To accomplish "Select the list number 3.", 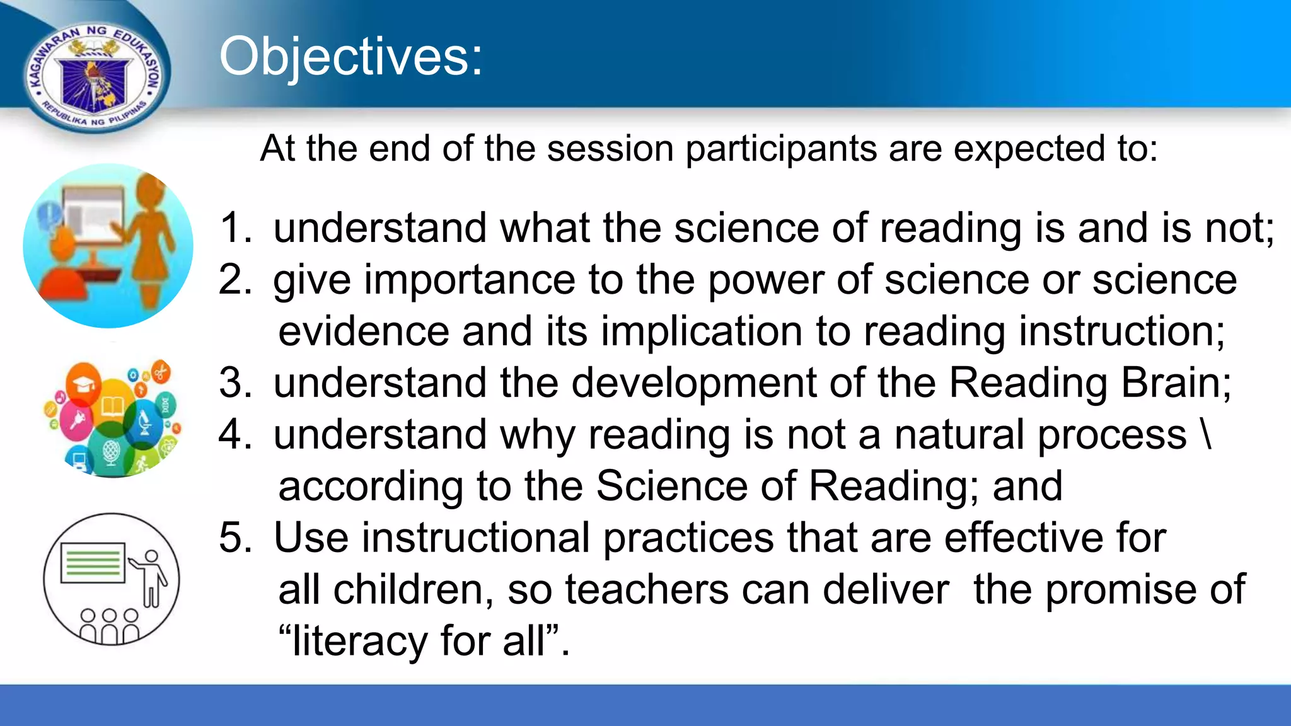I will pyautogui.click(x=234, y=383).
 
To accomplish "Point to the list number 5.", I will pyautogui.click(x=234, y=538).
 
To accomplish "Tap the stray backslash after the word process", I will pyautogui.click(x=1206, y=435).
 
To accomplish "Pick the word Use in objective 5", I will pyautogui.click(x=310, y=538).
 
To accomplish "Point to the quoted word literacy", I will pyautogui.click(x=359, y=642).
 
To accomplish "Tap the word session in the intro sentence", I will pyautogui.click(x=611, y=149).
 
